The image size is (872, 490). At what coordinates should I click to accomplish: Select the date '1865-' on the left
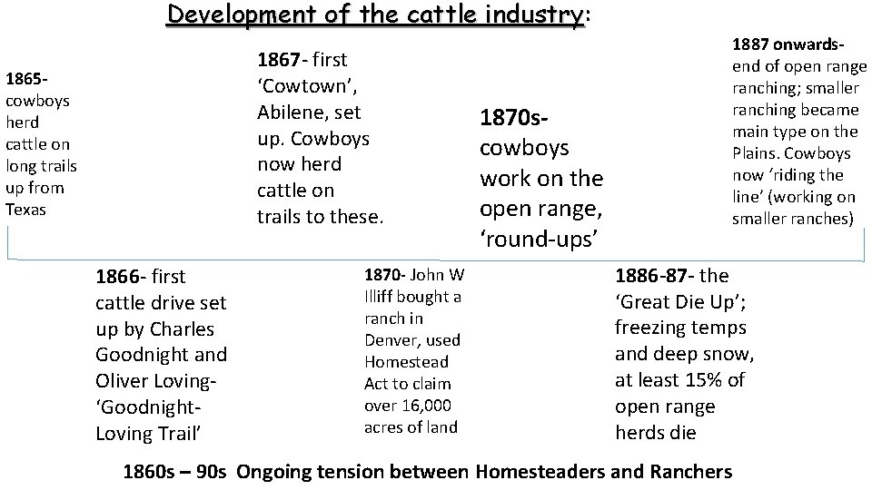pyautogui.click(x=25, y=79)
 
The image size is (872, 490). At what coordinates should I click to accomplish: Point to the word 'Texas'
pyautogui.click(x=26, y=210)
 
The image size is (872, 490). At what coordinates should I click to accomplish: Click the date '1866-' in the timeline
pyautogui.click(x=121, y=277)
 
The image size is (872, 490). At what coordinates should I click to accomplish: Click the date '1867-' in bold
pyautogui.click(x=283, y=61)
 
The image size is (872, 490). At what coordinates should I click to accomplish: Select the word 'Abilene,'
pyautogui.click(x=296, y=113)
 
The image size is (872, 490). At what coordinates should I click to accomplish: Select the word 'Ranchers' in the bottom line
pyautogui.click(x=691, y=472)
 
